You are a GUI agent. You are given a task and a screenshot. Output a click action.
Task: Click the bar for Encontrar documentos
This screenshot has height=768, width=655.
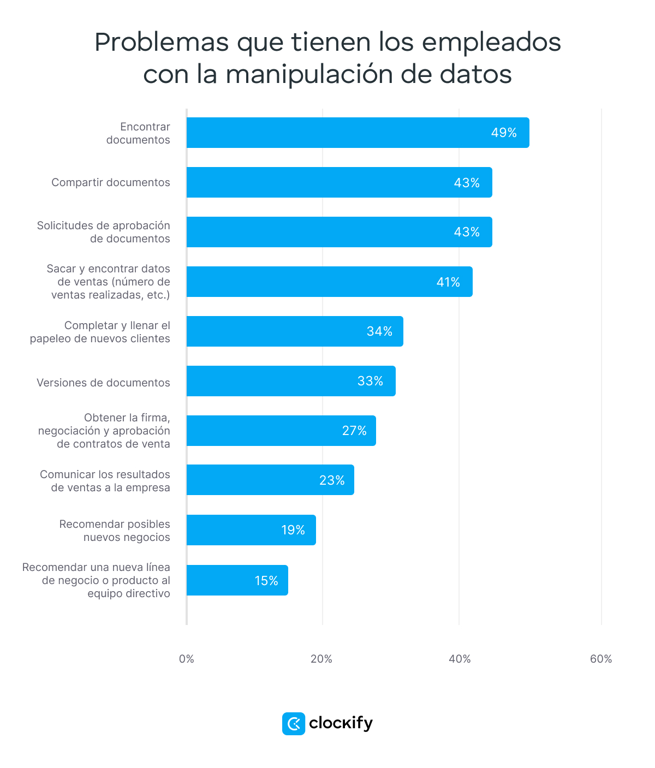(x=358, y=133)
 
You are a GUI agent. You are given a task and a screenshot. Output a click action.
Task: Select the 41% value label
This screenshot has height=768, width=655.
(x=448, y=282)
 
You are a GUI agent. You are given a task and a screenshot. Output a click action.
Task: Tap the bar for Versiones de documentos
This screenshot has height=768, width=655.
(x=290, y=381)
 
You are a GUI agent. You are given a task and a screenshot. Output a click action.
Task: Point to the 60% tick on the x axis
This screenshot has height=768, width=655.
(x=600, y=659)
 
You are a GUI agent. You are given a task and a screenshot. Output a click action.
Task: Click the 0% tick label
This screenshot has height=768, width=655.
(x=187, y=659)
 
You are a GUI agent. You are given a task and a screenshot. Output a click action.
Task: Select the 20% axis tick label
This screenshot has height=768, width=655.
(x=321, y=659)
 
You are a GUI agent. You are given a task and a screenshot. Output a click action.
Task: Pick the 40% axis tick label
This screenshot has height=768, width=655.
(x=460, y=659)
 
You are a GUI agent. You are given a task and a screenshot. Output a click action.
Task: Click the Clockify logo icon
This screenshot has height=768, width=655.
(x=294, y=724)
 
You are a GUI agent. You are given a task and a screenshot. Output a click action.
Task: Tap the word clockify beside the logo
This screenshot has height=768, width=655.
(x=341, y=723)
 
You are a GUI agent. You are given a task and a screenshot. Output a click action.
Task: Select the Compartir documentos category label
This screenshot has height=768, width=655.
(x=111, y=182)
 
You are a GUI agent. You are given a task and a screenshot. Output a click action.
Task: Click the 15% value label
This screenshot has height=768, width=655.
(x=266, y=581)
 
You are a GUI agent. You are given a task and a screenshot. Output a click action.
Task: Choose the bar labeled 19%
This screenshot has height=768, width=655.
(x=251, y=530)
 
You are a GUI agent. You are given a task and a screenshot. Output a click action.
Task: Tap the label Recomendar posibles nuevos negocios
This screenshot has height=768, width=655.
(x=115, y=531)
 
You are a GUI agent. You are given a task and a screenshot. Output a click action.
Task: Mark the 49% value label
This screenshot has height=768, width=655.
(x=504, y=133)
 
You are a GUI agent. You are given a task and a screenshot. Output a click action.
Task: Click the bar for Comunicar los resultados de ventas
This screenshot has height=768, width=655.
(x=270, y=480)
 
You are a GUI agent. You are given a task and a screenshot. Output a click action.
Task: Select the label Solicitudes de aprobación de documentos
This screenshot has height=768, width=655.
(x=104, y=232)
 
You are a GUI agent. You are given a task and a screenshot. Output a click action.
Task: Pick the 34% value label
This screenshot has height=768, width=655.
(x=379, y=331)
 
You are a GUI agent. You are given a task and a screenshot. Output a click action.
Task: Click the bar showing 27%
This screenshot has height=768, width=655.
(x=281, y=431)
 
